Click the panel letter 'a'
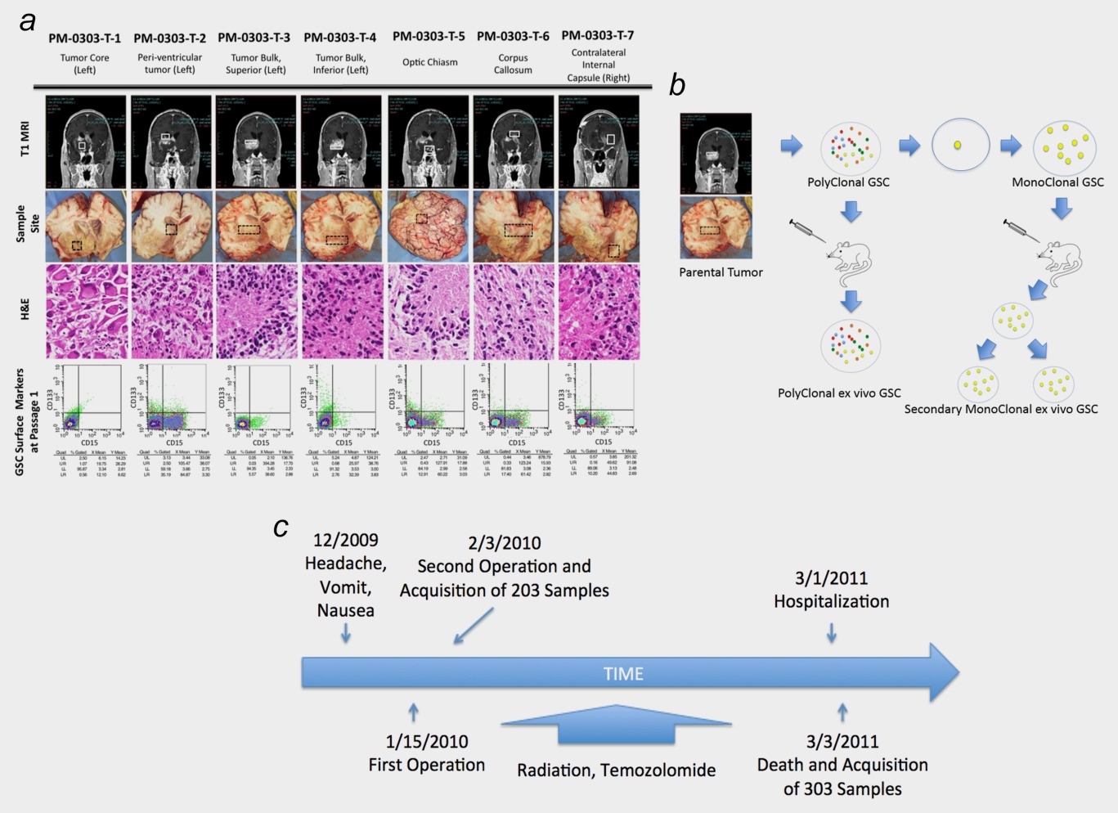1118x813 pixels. pos(28,21)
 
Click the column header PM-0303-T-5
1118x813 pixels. pos(429,36)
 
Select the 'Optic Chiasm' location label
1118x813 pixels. pos(429,62)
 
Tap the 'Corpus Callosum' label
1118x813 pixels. pos(513,64)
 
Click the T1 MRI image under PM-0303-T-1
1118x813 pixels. pos(85,141)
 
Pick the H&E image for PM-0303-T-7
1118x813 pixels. pos(599,312)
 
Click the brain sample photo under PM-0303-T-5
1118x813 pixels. pos(429,227)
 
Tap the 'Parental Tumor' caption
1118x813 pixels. pos(721,272)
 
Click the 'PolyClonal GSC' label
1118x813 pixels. pos(848,182)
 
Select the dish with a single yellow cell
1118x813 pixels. pos(960,146)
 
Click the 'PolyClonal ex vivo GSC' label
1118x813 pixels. pos(839,393)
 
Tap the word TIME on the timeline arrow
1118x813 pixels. pos(623,674)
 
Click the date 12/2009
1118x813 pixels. pos(345,540)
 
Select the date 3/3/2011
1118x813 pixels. pos(842,742)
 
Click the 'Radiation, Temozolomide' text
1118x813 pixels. pos(616,770)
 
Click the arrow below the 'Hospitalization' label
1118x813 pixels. pos(832,633)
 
